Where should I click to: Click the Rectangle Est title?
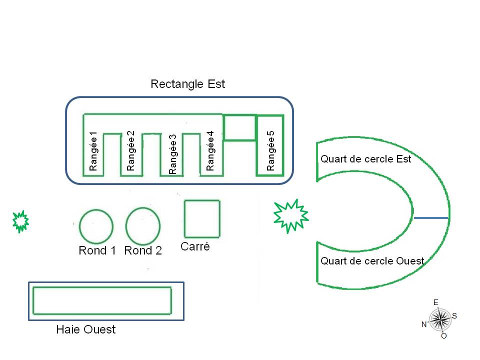point(187,84)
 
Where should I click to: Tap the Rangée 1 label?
point(93,151)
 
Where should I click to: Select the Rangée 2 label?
point(131,150)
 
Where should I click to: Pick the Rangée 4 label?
point(210,151)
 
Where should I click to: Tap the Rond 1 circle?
point(96,226)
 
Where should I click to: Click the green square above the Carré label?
point(202,218)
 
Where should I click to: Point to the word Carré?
point(195,246)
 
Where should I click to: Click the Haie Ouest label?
point(86,329)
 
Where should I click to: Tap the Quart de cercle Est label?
point(366,159)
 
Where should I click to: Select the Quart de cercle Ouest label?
point(372,261)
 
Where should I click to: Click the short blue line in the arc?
point(431,218)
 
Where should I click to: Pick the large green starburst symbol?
point(290,215)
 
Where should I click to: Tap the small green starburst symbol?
point(20,221)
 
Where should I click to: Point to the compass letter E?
point(436,302)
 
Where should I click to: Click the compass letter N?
point(424,324)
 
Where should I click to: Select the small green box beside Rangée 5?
point(239,127)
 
